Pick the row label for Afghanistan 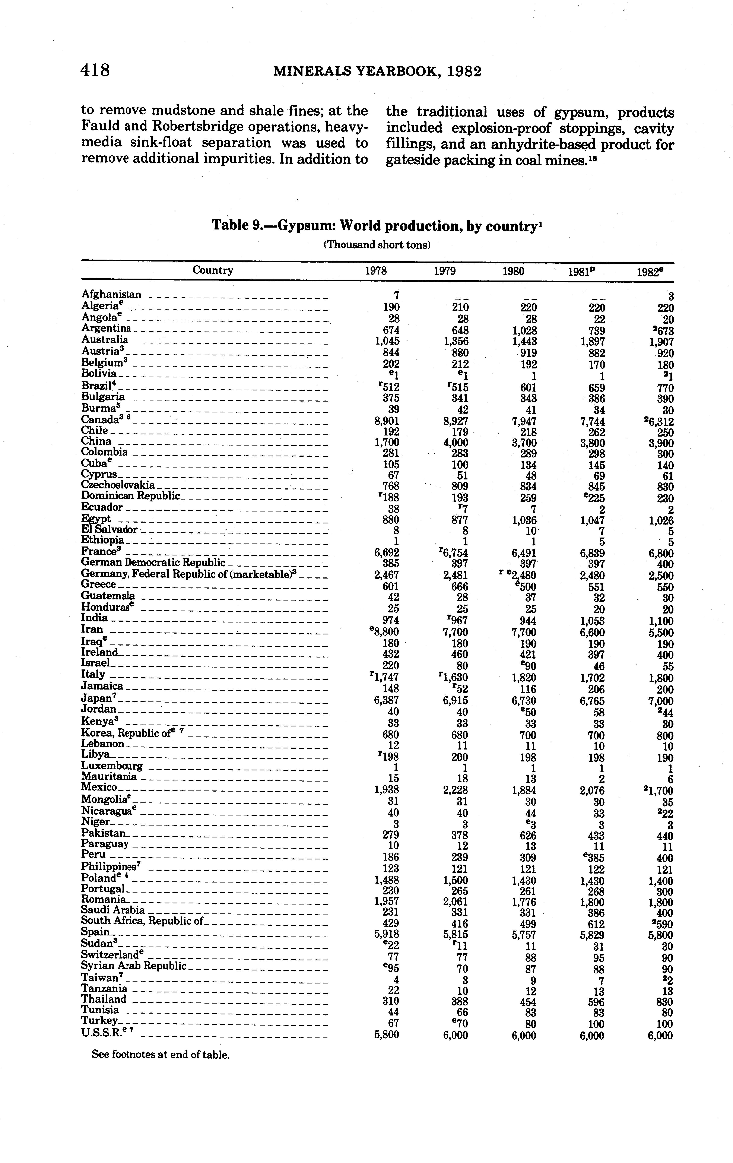pos(112,294)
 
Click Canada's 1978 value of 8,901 pos(387,421)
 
